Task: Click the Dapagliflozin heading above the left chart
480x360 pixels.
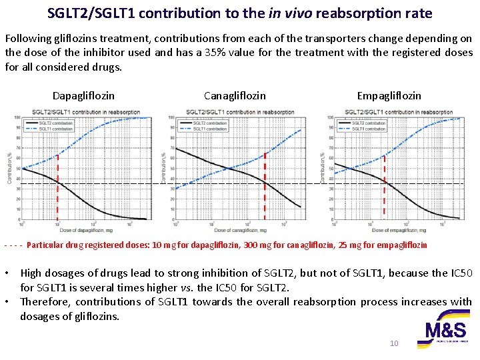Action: coord(83,96)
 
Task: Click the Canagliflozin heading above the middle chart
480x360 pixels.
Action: coord(235,96)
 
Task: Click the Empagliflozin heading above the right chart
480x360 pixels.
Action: coord(389,96)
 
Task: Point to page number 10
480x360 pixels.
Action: coord(393,343)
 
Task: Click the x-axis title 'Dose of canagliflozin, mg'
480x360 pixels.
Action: coord(237,230)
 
